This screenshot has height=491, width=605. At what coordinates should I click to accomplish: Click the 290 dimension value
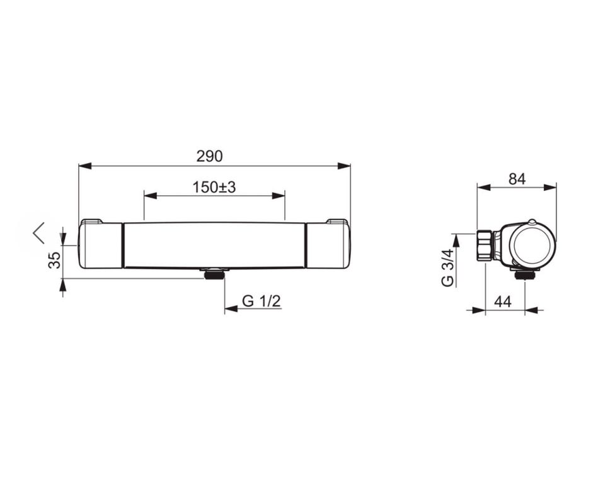[209, 156]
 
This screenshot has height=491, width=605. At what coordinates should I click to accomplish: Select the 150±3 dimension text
[214, 188]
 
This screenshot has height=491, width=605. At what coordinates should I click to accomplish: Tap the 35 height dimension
[55, 260]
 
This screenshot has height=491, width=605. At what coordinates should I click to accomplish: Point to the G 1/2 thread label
[262, 301]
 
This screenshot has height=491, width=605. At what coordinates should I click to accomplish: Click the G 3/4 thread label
[447, 268]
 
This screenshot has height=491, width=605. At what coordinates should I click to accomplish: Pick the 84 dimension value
[517, 179]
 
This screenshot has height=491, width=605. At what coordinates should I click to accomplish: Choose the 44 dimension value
[503, 302]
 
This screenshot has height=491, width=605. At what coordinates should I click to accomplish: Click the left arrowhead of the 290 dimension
[85, 166]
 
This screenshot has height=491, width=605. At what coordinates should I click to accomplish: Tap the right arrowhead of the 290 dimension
[344, 166]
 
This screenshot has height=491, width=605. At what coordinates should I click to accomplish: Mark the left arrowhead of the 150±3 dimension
[151, 195]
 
